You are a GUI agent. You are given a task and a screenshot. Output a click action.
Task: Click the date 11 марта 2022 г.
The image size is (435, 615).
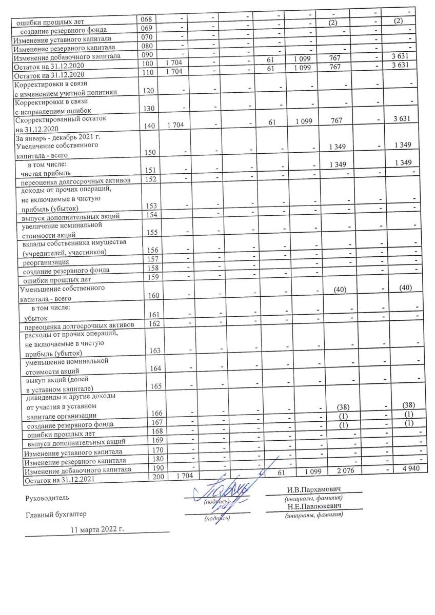[97, 528]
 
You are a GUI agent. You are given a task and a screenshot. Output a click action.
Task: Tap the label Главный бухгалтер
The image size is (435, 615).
[57, 514]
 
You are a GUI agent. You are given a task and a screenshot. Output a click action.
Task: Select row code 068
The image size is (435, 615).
[147, 19]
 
